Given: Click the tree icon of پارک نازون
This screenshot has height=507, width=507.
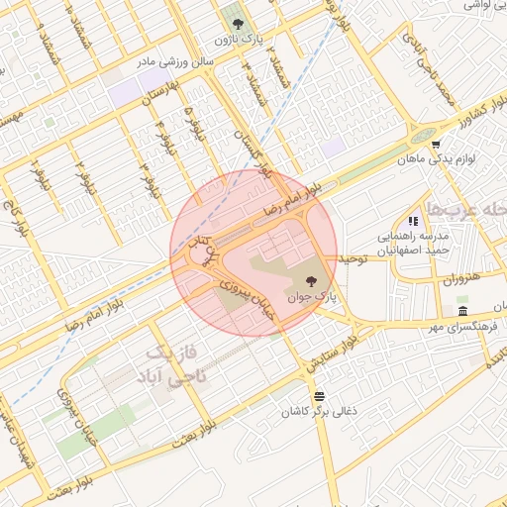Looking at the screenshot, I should point(236,21).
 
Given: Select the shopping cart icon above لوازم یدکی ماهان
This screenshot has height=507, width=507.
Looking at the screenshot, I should point(436,144).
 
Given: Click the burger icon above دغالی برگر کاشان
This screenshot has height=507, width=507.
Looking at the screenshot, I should point(317,397).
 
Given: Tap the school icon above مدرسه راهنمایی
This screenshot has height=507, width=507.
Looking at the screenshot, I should point(414,221).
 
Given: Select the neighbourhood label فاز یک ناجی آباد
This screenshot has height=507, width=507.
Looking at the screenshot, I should point(168,366).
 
